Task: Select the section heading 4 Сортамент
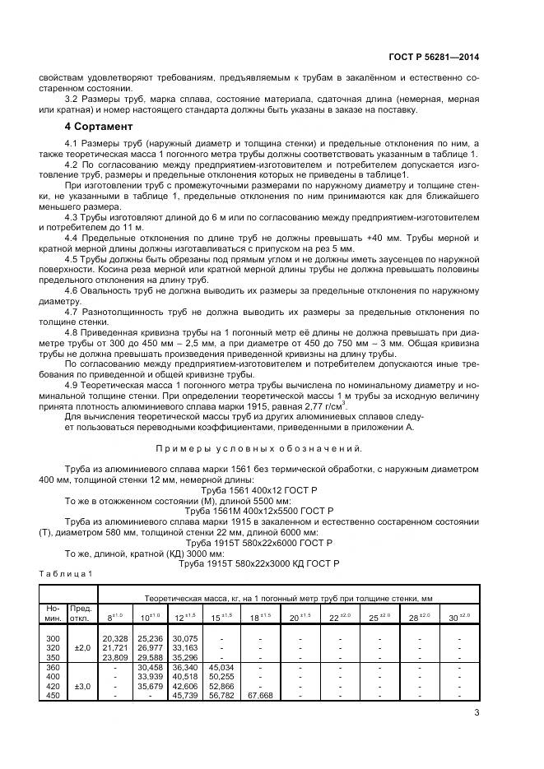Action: pyautogui.click(x=98, y=127)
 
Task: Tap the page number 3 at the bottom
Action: pyautogui.click(x=477, y=713)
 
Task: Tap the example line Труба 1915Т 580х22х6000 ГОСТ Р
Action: pyautogui.click(x=258, y=543)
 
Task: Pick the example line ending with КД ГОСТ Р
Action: pyautogui.click(x=258, y=563)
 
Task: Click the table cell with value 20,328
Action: pyautogui.click(x=114, y=638)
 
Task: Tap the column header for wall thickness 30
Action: pyautogui.click(x=457, y=617)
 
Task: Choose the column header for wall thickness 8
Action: pyautogui.click(x=114, y=617)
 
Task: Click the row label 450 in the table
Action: pyautogui.click(x=53, y=695)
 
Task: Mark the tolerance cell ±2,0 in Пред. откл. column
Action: pyautogui.click(x=81, y=647)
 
